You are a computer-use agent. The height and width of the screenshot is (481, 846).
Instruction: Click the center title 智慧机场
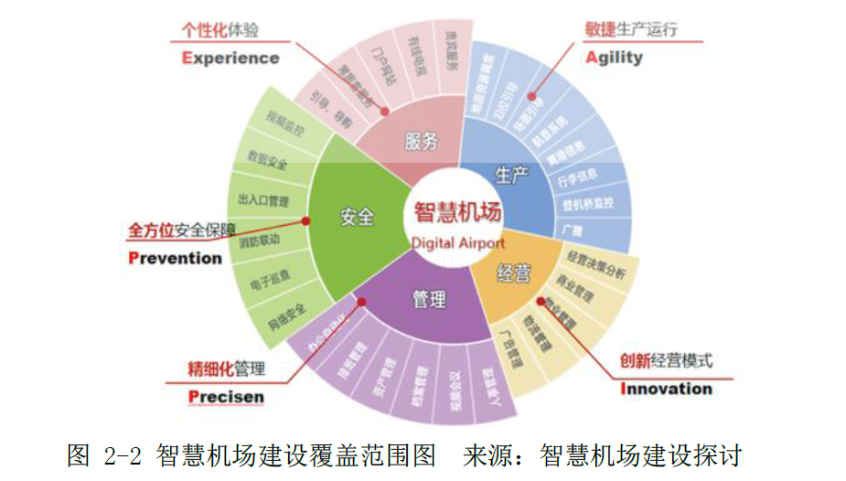[x=456, y=213]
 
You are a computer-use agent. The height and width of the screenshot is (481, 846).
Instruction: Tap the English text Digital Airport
[x=457, y=243]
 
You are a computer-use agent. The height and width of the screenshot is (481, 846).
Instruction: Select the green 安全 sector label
[x=358, y=217]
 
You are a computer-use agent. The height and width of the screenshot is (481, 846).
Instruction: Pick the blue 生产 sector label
[x=511, y=174]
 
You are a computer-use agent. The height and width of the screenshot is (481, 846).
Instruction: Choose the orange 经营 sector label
[x=514, y=271]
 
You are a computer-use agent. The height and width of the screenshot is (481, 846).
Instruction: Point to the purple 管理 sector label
[x=429, y=299]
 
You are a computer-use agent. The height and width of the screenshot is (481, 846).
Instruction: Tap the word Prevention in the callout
[x=175, y=258]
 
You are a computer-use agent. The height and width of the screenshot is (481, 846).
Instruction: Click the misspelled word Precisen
[x=226, y=397]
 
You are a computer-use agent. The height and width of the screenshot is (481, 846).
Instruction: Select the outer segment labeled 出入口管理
[x=262, y=200]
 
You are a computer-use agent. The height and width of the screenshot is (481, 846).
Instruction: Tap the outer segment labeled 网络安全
[x=286, y=311]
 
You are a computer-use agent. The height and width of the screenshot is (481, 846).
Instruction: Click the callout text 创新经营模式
[x=666, y=360]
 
